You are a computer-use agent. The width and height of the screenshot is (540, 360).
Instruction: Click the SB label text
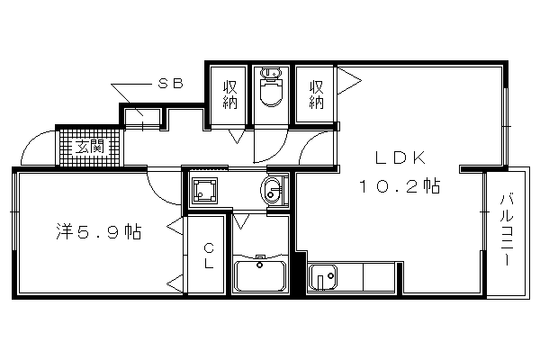[x=170, y=84]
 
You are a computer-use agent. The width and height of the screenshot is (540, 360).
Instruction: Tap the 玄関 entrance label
[x=89, y=148]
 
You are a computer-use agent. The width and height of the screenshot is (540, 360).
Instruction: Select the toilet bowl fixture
[x=271, y=87]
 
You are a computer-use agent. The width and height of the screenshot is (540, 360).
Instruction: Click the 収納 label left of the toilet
[x=229, y=94]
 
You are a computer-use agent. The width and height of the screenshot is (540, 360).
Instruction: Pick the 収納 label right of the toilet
[x=316, y=94]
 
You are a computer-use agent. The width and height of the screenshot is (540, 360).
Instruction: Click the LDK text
[x=400, y=158]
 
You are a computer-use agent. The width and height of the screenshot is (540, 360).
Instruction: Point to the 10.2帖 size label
[x=400, y=186]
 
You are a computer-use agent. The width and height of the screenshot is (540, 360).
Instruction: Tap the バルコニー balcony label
[x=507, y=229]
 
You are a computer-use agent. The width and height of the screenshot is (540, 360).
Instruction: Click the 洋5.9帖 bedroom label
[x=99, y=231]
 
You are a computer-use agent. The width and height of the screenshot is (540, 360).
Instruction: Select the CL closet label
[x=209, y=256]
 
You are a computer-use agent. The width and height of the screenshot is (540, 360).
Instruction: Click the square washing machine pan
[x=204, y=190]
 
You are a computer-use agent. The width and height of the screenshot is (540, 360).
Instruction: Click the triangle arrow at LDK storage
[x=348, y=81]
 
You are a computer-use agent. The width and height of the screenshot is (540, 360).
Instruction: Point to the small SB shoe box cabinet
[x=142, y=118]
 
